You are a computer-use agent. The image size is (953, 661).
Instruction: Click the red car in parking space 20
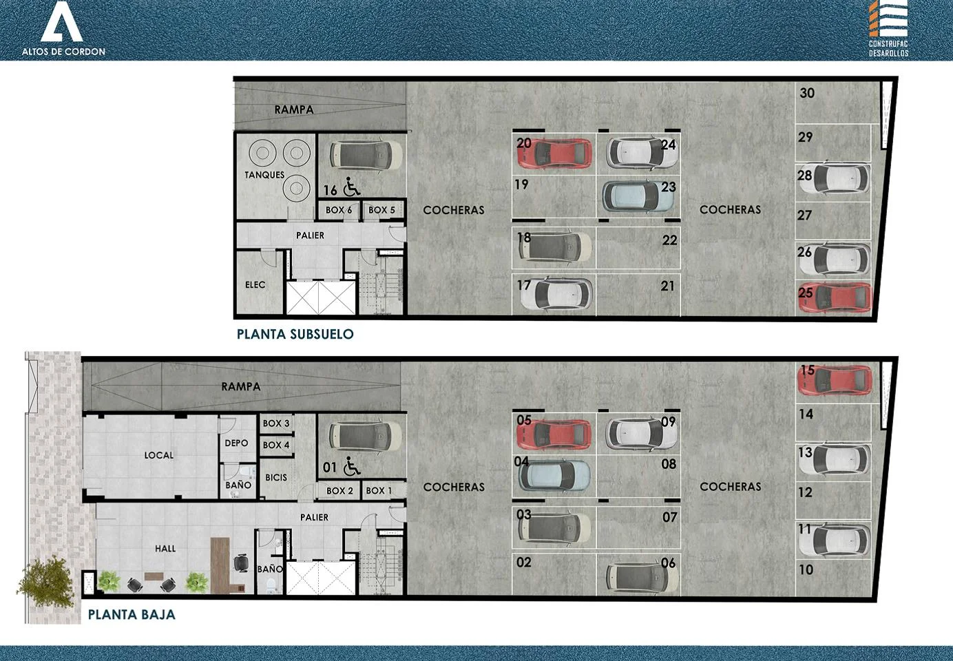coord(554,153)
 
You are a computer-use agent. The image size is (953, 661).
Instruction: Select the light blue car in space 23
coord(638,196)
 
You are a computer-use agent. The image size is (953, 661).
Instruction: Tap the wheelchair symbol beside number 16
coord(351,187)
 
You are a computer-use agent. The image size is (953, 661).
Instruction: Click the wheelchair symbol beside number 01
coord(351,466)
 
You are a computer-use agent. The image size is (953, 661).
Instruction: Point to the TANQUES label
coord(264,175)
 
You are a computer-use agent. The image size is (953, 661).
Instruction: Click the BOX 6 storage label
coord(339,210)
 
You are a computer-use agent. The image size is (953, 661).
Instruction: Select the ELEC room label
coord(255,284)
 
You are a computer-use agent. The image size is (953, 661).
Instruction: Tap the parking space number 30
coord(807,93)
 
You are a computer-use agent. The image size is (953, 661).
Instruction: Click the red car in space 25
coord(835,297)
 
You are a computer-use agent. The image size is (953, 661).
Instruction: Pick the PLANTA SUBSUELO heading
coord(295,334)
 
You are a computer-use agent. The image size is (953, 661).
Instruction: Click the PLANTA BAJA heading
coord(132,614)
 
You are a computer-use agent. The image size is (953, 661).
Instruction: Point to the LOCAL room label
coord(158,455)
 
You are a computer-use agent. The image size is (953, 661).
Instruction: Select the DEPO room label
coord(236,443)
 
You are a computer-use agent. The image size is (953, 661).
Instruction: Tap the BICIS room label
coord(276,478)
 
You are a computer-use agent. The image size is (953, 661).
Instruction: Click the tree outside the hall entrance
coord(46,581)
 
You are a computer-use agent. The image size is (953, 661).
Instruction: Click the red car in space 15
coord(835,380)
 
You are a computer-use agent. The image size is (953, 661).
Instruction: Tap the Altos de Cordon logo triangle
coord(62,21)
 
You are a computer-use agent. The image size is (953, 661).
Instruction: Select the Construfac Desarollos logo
coord(888,28)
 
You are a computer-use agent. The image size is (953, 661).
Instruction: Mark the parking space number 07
coord(670,517)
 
